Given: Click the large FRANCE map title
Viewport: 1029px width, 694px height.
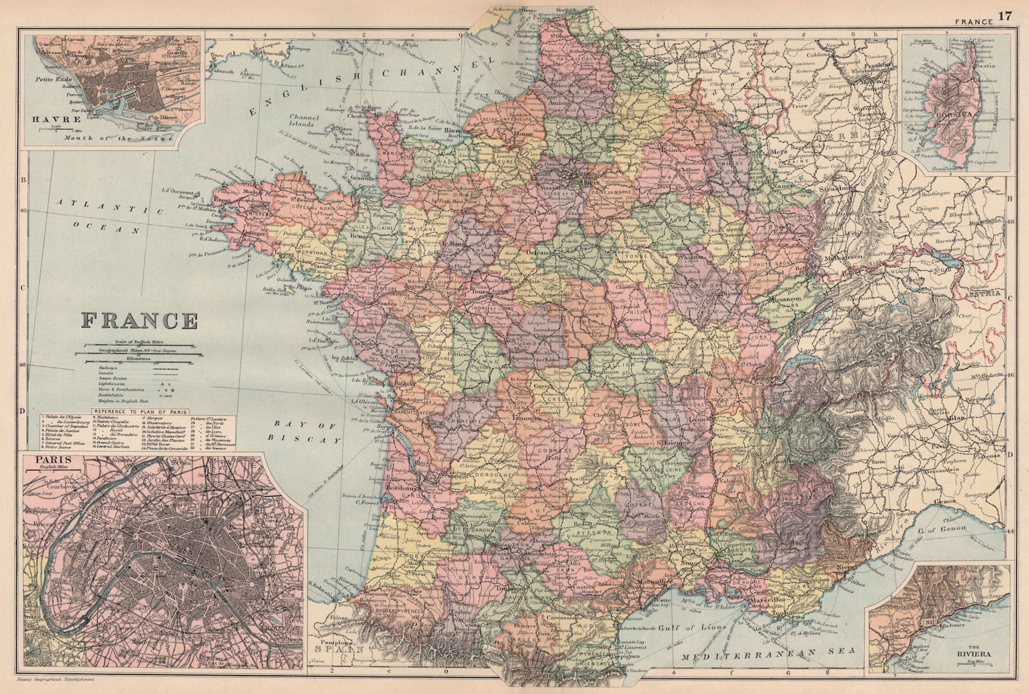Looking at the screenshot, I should coord(140,321).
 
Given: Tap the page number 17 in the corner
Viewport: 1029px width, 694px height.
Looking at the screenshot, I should coord(1005,15).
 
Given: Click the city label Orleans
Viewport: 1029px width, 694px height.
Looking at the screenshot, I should coord(540,253).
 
